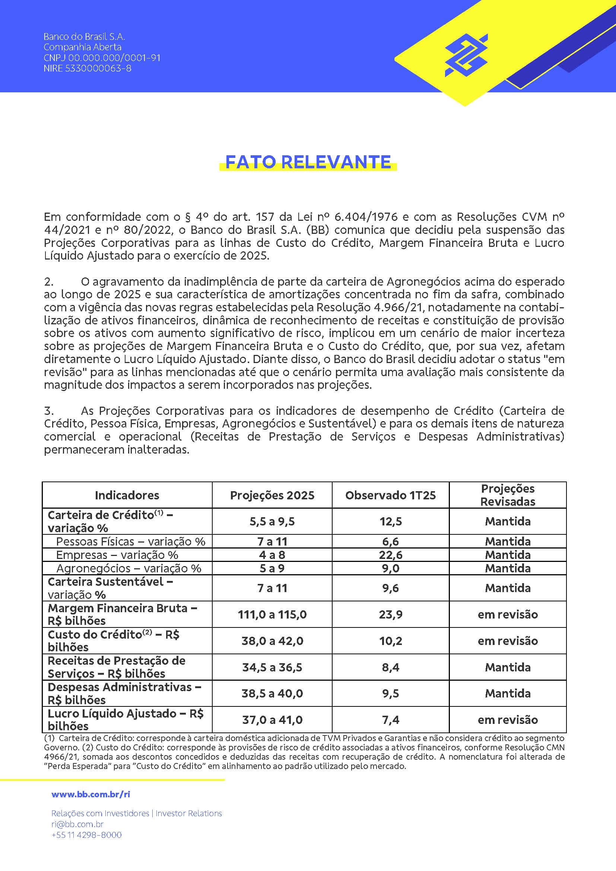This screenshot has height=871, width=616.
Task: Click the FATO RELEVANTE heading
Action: point(308,162)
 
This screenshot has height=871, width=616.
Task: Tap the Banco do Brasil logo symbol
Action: point(466,55)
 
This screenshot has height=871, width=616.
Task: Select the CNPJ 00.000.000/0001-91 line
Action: point(102,58)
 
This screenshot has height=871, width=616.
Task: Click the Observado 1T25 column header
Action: point(390,495)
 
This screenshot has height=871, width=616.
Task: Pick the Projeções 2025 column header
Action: point(272,495)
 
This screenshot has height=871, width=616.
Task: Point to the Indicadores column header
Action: point(127,495)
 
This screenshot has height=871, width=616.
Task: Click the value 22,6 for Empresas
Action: point(390,555)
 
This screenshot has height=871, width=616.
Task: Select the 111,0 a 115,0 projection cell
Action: point(272,614)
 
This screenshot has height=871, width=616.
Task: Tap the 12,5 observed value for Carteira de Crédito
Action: point(390,522)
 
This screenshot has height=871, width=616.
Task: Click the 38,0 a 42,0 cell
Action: point(272,641)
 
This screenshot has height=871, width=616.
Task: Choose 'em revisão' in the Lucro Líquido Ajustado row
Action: point(508,720)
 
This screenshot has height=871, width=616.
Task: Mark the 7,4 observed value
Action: point(390,720)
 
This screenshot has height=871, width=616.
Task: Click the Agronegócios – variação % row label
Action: point(128,568)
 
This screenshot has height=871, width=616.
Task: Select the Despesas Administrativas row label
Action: point(124,693)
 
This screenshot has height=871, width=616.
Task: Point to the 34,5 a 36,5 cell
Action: point(272,667)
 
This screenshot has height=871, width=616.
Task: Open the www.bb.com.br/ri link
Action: point(91,794)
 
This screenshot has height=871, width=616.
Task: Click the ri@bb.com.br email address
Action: point(77,824)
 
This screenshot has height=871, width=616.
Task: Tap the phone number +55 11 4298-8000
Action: point(86,835)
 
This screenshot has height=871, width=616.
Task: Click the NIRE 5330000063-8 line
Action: point(87,68)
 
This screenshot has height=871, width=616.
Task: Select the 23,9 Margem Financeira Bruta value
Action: point(390,614)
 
